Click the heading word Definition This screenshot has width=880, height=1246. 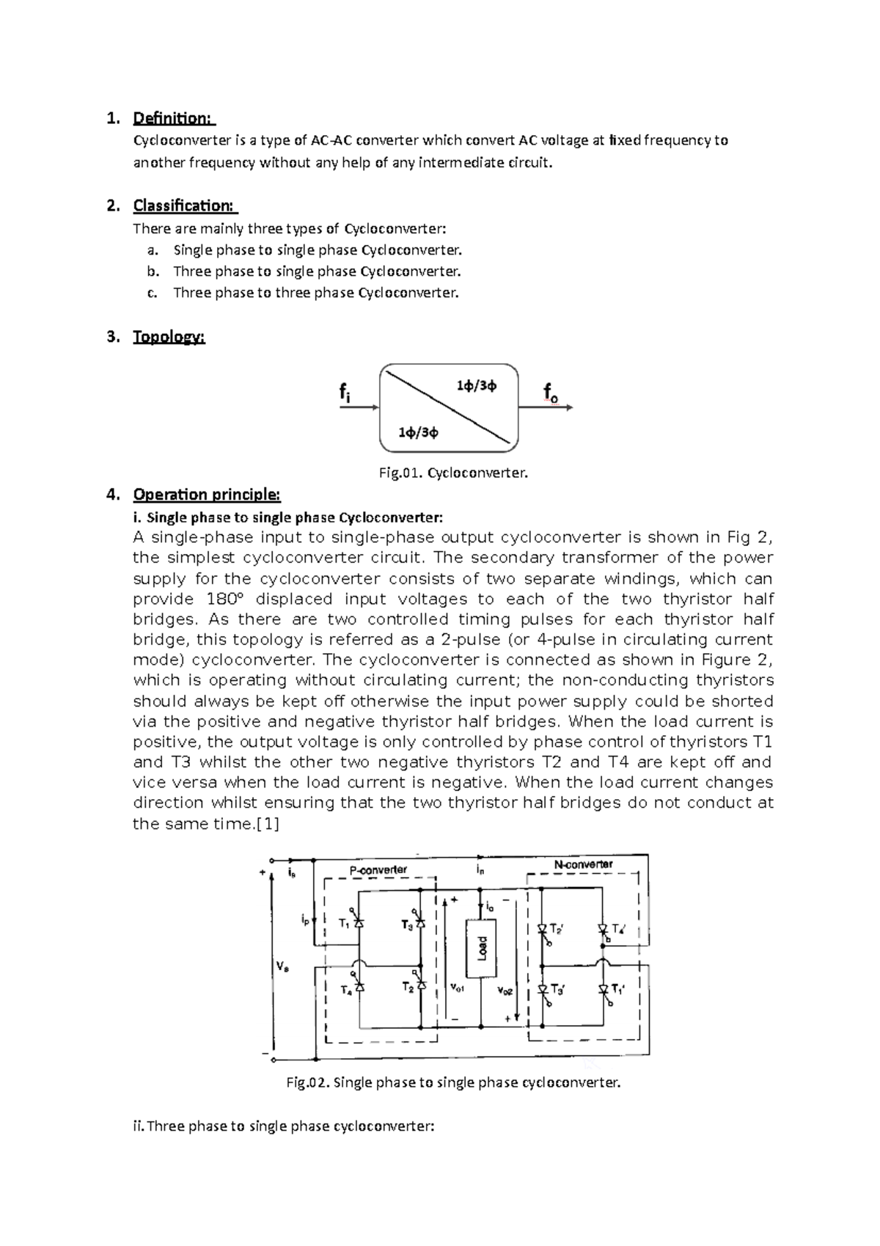172,118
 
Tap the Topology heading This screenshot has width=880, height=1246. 169,337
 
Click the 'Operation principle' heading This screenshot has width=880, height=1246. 206,495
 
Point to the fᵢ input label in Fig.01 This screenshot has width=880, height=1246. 344,393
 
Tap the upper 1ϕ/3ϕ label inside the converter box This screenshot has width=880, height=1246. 476,385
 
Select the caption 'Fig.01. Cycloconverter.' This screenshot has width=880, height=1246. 453,473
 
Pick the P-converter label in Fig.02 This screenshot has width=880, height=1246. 378,870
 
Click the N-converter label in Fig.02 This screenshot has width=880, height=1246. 584,864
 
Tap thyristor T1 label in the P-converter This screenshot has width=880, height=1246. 344,925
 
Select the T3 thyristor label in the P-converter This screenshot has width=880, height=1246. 407,925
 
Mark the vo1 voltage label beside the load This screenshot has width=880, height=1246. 456,988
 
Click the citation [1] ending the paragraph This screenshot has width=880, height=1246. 266,823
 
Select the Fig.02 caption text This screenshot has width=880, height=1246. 453,1082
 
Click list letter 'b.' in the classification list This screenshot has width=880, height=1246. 153,272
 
